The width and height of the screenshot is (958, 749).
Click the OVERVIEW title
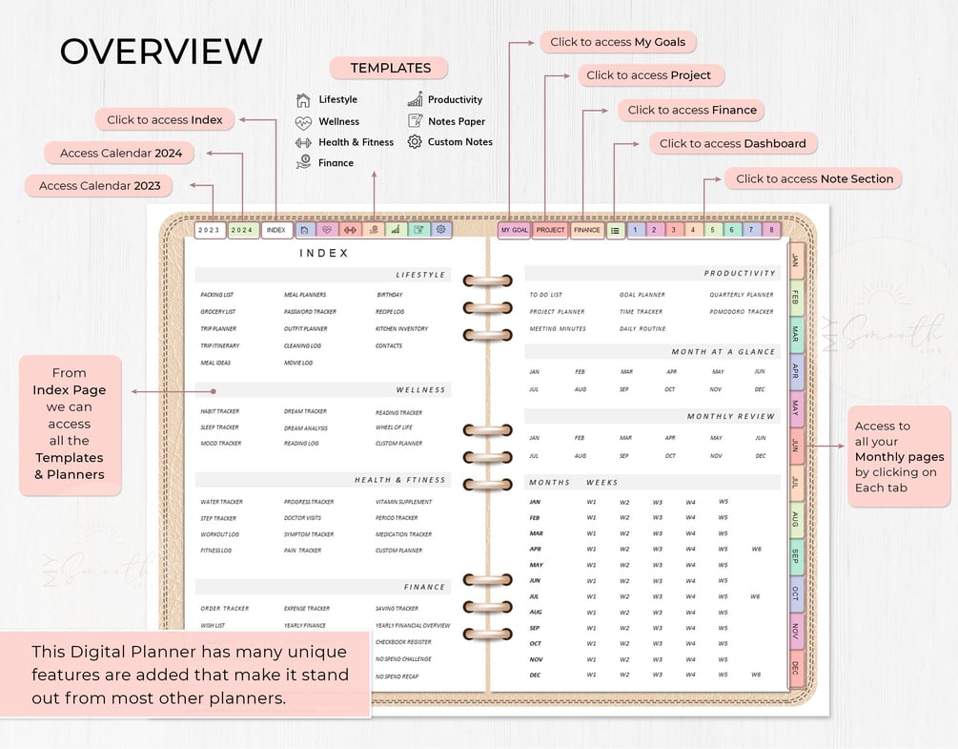pos(161,52)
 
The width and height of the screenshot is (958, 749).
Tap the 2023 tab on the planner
pos(209,230)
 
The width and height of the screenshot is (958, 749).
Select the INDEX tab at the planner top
pos(276,230)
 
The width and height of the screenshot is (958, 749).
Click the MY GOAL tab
pos(514,230)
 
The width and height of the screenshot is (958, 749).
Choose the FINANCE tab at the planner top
pos(587,230)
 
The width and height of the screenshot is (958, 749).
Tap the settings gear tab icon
pos(440,230)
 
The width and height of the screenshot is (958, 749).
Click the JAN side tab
pos(796,259)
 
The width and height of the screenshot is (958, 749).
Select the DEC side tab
pos(796,668)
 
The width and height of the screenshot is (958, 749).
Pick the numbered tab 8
pos(771,230)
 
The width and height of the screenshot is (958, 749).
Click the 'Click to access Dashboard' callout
pos(733,144)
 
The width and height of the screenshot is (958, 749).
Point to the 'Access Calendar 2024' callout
pos(120,153)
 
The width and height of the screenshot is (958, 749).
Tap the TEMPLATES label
pos(390,68)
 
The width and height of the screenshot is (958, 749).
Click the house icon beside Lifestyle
pos(303,100)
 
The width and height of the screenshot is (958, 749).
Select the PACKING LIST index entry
pos(217,295)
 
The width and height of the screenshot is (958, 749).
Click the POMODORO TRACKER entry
pos(742,312)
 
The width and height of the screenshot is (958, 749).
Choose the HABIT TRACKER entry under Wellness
pos(220,412)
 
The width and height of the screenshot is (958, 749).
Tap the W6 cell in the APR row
pos(756,549)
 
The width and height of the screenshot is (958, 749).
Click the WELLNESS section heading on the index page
pos(420,390)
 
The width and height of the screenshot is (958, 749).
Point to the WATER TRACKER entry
pos(221,502)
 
